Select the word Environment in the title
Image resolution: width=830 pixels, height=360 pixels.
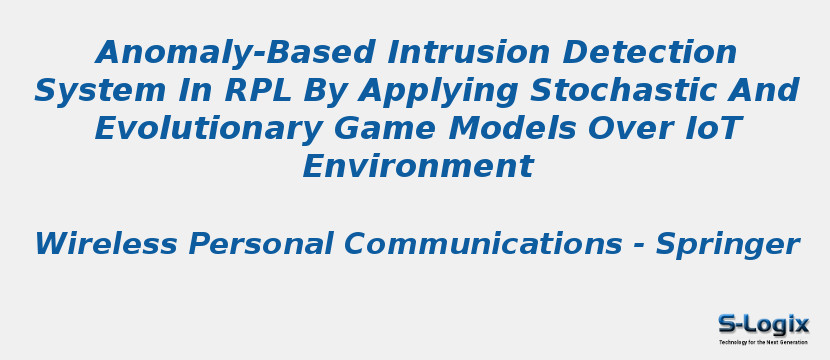[x=417, y=167]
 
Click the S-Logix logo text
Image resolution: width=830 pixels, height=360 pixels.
[x=763, y=324]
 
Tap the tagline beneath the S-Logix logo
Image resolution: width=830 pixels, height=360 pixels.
[x=763, y=342]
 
